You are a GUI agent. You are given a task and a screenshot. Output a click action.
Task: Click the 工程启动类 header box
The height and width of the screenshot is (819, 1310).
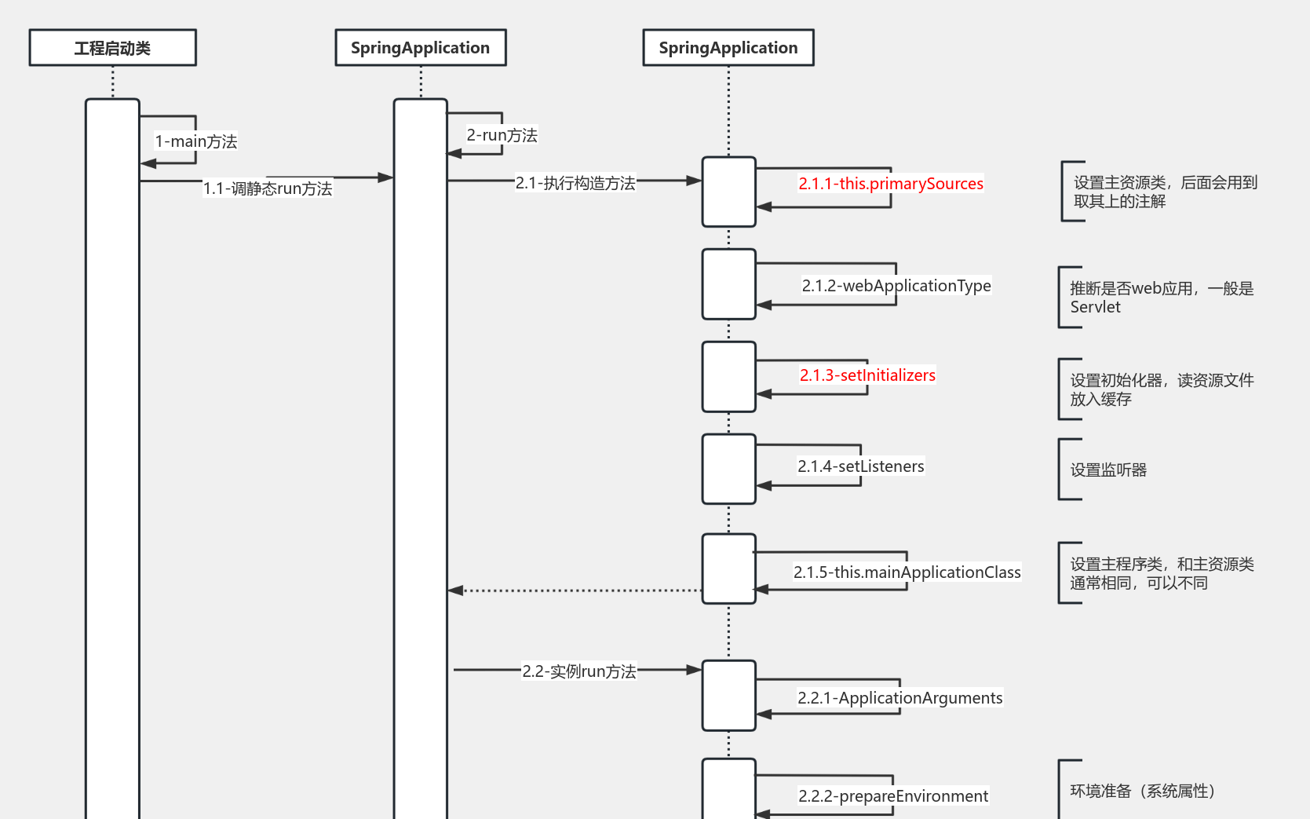(x=112, y=48)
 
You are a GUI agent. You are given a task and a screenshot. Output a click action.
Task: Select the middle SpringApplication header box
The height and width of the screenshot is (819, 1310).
(x=420, y=48)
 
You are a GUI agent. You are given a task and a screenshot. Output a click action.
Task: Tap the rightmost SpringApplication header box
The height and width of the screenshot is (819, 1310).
(x=728, y=48)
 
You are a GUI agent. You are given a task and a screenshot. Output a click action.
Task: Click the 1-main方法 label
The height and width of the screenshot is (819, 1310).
(x=195, y=141)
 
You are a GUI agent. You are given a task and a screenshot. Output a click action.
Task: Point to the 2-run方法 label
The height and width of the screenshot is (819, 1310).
(x=502, y=135)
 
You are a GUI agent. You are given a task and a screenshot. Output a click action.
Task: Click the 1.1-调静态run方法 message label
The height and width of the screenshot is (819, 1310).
(x=268, y=188)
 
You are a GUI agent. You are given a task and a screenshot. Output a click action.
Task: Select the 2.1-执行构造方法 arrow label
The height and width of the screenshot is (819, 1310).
(x=575, y=183)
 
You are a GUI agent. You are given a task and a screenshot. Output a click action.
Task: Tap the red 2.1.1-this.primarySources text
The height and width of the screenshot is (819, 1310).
(x=890, y=184)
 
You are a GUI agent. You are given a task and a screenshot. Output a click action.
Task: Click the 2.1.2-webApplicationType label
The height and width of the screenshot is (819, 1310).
(x=896, y=286)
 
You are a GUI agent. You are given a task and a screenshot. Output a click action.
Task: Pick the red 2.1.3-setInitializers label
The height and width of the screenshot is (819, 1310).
(x=867, y=375)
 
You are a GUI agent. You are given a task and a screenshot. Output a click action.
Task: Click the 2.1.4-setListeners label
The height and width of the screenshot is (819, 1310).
(x=860, y=466)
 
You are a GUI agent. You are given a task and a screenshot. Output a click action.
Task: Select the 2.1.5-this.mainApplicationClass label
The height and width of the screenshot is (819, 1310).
(x=907, y=572)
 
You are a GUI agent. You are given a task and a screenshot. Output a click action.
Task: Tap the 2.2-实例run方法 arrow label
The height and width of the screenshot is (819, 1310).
(x=578, y=671)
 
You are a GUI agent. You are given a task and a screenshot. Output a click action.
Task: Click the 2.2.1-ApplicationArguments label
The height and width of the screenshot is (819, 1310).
(x=899, y=698)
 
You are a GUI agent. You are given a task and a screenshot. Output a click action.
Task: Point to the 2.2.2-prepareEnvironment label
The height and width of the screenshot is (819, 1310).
(x=892, y=796)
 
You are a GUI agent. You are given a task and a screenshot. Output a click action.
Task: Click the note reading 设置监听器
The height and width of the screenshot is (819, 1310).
(x=1108, y=470)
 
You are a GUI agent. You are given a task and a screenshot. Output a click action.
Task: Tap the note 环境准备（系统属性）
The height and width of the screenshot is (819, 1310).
(x=1142, y=791)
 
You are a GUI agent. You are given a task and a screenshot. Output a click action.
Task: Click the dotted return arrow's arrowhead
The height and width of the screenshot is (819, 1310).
(x=455, y=590)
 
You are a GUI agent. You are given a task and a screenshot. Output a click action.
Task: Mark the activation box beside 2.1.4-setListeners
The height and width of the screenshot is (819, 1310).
(x=728, y=469)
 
